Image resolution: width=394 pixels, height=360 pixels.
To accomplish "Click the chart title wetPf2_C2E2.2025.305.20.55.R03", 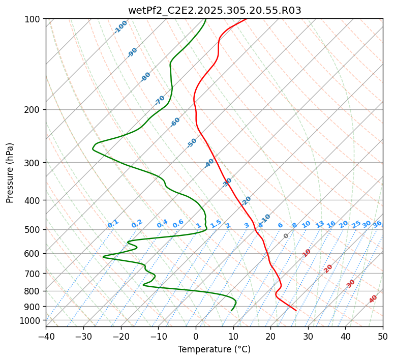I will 214,10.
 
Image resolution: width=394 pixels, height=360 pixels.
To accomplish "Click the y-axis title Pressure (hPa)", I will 10,173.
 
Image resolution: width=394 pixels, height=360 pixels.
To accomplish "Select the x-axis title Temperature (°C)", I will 214,349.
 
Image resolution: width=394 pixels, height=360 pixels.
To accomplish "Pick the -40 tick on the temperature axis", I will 46,336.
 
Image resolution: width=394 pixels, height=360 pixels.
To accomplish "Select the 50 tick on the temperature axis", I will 383,336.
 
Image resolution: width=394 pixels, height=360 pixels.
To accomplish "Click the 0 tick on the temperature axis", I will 196,336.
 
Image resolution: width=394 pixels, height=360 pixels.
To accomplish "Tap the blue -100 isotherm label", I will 121,26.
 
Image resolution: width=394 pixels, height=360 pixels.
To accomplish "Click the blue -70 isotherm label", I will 160,100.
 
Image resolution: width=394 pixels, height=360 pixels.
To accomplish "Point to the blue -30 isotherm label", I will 227,182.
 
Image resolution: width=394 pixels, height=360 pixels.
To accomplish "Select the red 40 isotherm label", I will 373,299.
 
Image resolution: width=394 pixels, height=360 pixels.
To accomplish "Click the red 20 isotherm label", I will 328,268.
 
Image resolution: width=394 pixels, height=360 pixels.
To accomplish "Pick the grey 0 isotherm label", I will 286,236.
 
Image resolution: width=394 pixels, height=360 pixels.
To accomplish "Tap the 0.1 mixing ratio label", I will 113,224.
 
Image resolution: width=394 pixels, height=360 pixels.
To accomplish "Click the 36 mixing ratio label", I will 377,224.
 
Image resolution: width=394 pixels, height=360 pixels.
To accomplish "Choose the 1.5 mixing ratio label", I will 216,223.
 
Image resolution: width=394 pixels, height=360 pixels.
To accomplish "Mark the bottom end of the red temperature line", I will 296,310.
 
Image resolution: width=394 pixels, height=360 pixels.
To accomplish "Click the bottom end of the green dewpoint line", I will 231,310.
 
